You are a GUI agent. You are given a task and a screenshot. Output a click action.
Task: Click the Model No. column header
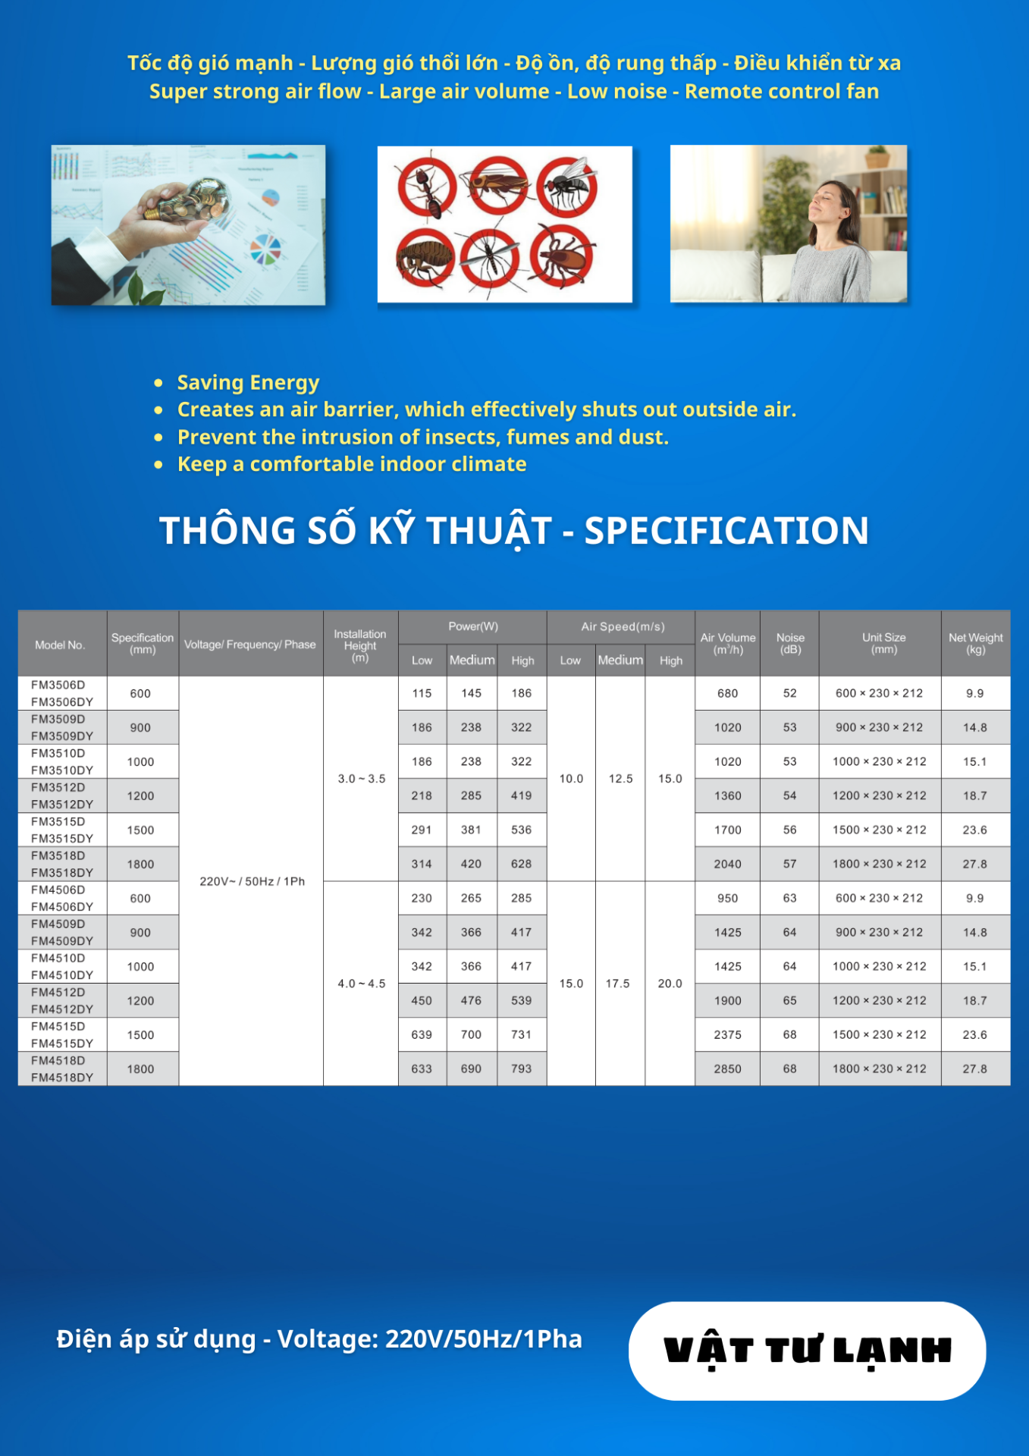tap(59, 645)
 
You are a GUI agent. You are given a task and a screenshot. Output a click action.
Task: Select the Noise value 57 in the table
tap(789, 864)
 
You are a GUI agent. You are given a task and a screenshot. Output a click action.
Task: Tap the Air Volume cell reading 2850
tap(727, 1068)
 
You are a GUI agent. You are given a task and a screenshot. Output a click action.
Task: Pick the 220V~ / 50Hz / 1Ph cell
tap(252, 881)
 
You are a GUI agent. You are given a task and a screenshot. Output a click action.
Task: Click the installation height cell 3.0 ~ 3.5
tap(362, 779)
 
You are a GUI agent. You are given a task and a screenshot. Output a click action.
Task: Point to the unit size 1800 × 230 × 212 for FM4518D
tap(880, 1068)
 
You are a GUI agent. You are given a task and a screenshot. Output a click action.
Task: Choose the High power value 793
tap(521, 1068)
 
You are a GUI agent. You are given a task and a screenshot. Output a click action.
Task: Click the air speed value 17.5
tap(617, 984)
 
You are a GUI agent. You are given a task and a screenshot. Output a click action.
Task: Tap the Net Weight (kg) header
tap(975, 644)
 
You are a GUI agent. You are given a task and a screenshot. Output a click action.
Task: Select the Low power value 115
tap(422, 693)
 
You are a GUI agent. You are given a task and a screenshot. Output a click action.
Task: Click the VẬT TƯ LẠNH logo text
tap(807, 1351)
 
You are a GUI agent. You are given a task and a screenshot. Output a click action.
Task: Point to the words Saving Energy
tap(248, 382)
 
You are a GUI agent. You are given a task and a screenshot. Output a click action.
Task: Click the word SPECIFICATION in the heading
tap(726, 530)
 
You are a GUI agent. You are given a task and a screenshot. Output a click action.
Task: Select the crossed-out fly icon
tap(567, 187)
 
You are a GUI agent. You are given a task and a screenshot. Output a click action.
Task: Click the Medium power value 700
tap(471, 1034)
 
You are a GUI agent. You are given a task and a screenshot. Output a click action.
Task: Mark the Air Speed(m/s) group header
tap(623, 626)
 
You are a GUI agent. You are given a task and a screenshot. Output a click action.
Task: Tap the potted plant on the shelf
tap(877, 157)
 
